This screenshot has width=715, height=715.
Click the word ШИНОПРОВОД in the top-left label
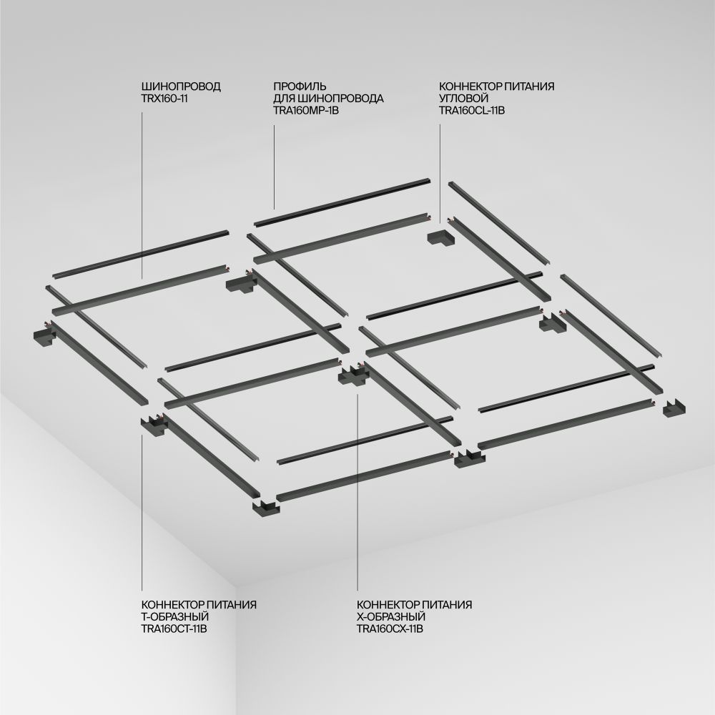click(181, 87)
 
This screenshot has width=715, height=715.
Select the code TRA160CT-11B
click(174, 628)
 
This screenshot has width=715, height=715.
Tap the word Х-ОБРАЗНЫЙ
click(390, 616)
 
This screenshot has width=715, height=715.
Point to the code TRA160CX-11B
click(390, 628)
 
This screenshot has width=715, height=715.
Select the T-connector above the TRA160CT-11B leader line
click(152, 425)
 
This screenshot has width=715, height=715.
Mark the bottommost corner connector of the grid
click(265, 507)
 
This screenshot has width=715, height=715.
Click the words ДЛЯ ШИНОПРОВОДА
click(329, 99)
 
